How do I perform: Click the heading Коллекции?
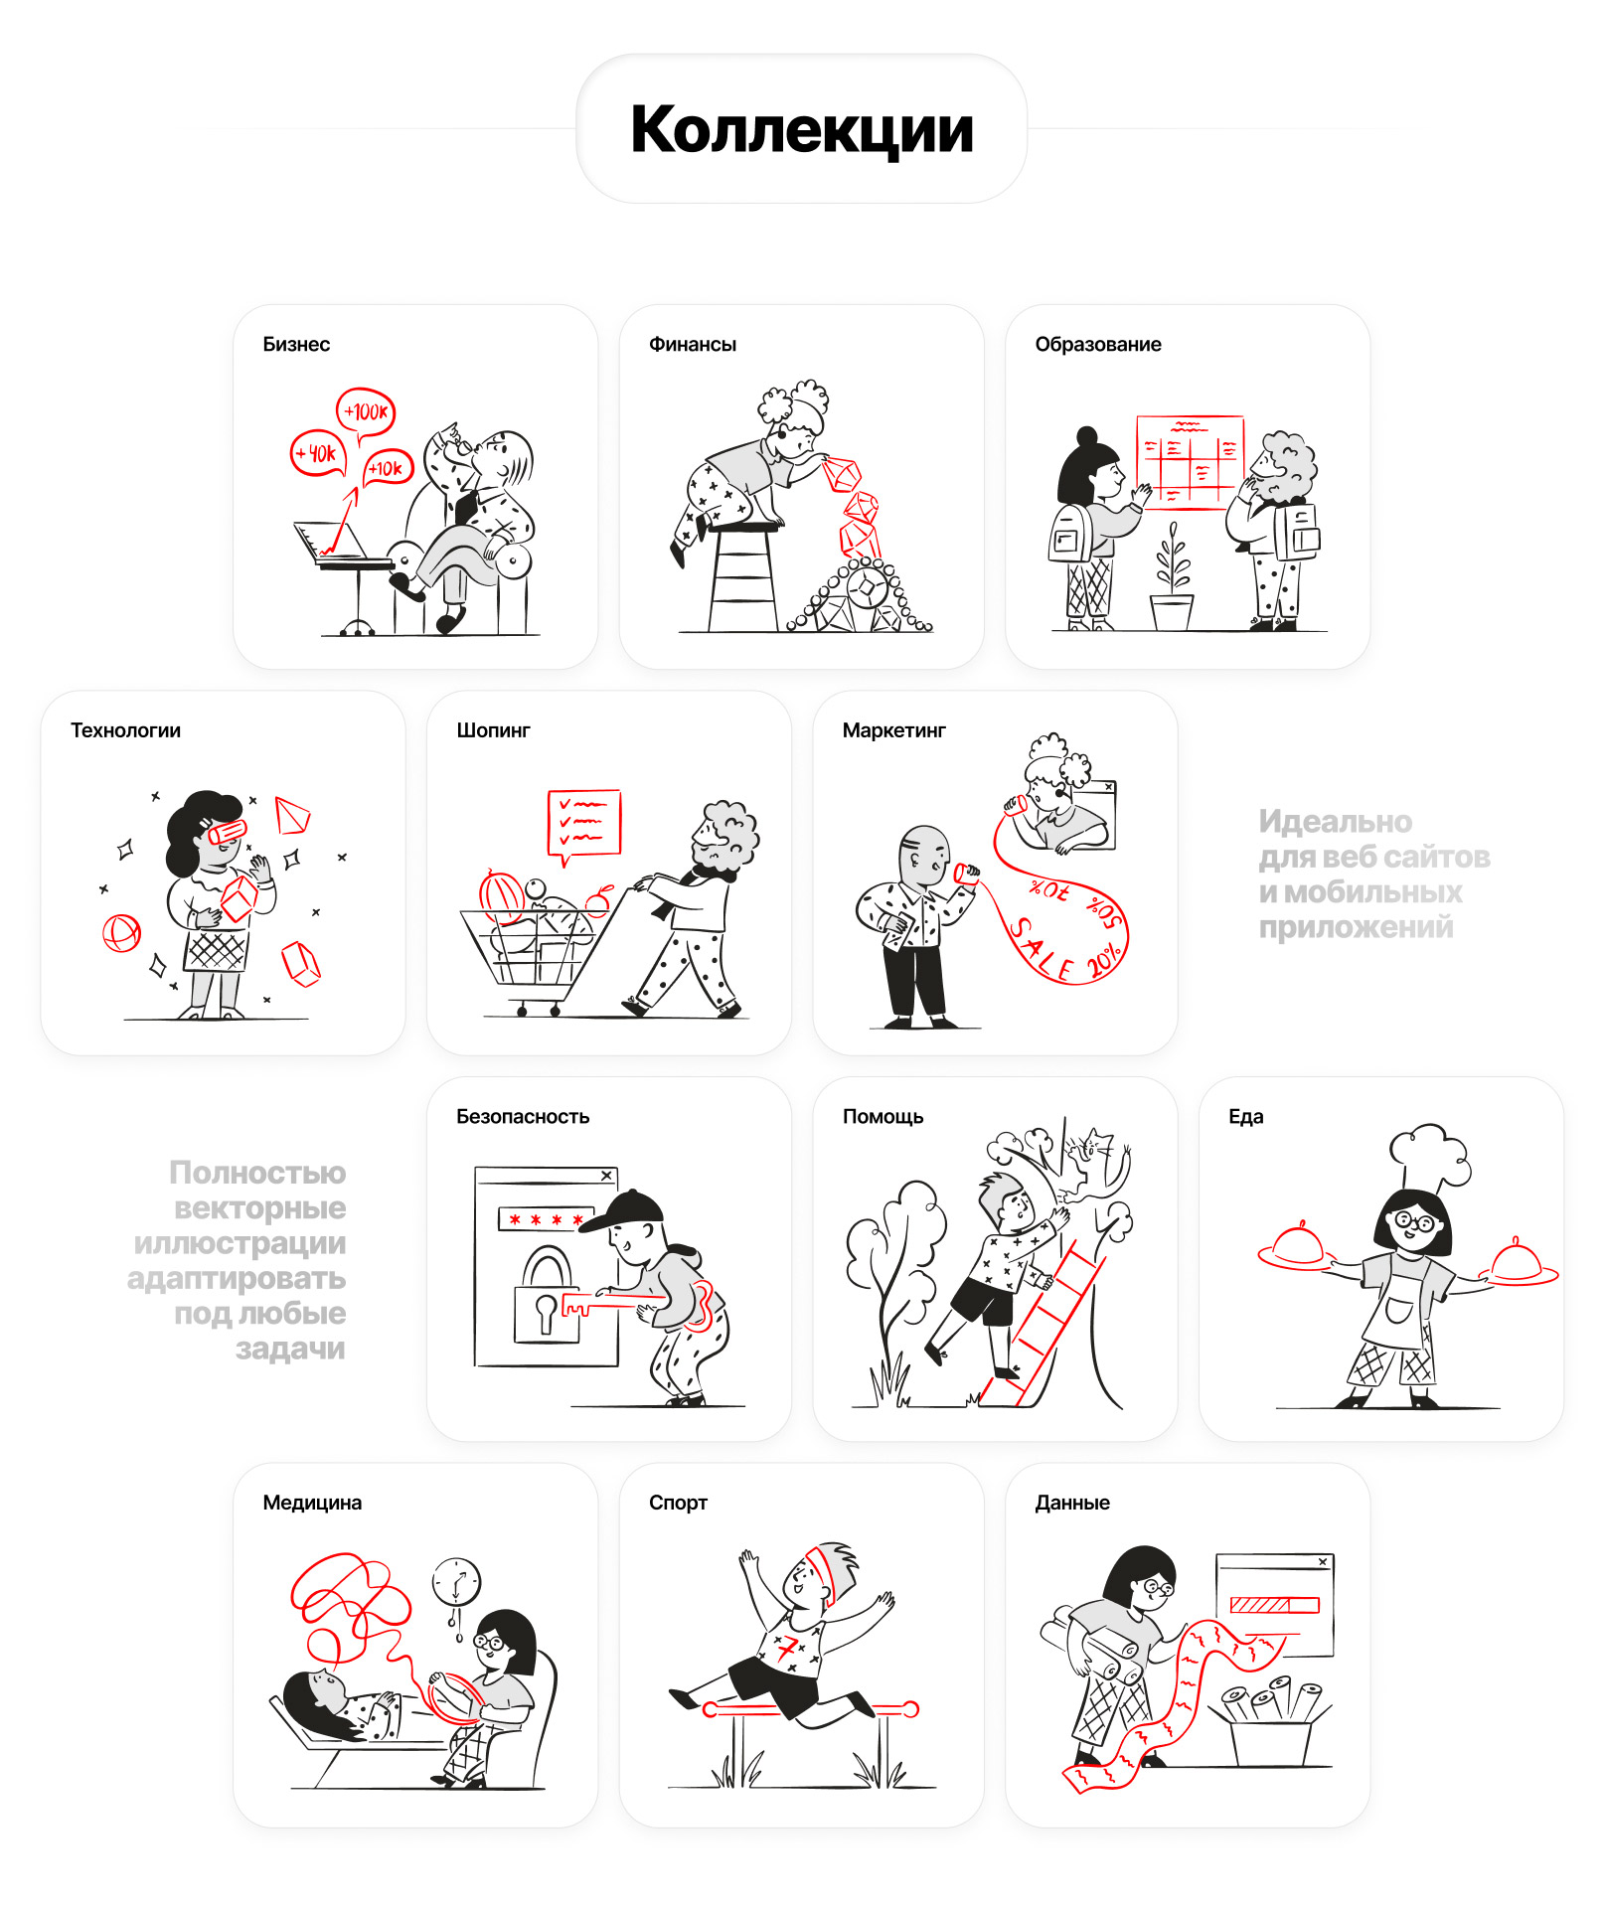pos(801,130)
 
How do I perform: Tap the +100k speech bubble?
pos(366,411)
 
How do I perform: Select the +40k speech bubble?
pos(318,454)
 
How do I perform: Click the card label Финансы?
pos(693,345)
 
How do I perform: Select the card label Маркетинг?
pos(894,730)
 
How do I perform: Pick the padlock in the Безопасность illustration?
pos(546,1296)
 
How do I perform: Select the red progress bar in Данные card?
pos(1274,1605)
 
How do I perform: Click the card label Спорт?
pos(678,1503)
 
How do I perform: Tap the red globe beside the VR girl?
pos(122,933)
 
